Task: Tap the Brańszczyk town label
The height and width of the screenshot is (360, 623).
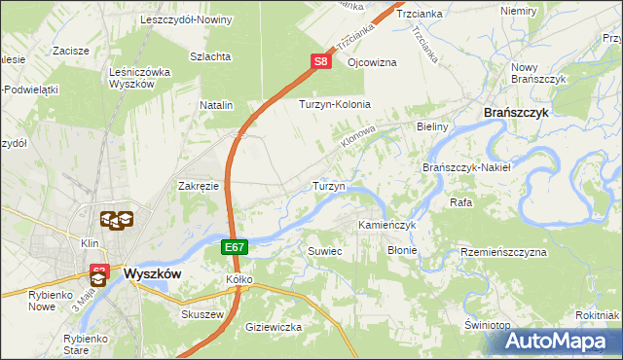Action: [517, 113]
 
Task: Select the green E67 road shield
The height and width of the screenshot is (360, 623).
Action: [234, 248]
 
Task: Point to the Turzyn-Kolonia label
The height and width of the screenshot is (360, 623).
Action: [335, 104]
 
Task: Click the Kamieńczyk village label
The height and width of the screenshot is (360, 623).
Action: [386, 225]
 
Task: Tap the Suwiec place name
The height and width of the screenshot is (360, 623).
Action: [325, 250]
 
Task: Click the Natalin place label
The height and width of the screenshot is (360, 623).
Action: [217, 104]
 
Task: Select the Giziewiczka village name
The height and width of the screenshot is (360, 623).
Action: [275, 327]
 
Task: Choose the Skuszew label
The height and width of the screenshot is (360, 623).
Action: [202, 314]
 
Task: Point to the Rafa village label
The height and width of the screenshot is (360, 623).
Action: [461, 202]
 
